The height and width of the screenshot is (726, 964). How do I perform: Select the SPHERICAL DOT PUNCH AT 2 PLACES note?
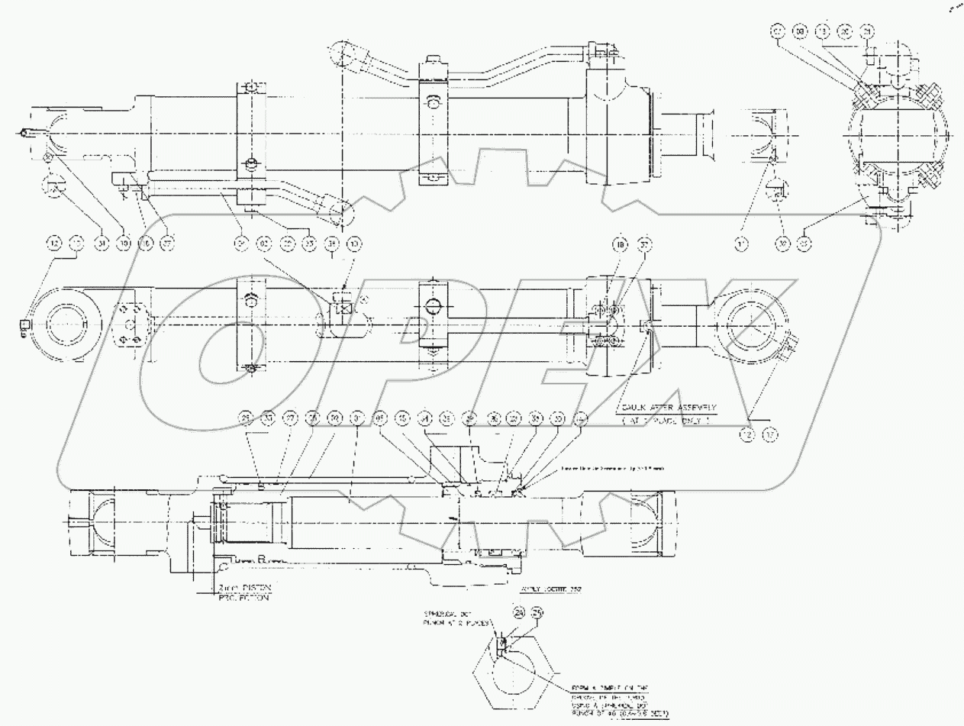pos(455,618)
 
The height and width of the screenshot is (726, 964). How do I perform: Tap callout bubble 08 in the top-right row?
pos(799,32)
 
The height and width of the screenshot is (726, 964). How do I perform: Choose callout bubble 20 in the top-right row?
pos(843,32)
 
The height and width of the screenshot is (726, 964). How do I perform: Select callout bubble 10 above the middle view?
pos(354,244)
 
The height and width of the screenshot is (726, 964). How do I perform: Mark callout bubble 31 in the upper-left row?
pos(102,244)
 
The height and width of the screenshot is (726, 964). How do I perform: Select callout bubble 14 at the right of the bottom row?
pos(581,418)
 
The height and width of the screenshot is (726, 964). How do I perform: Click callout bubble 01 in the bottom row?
pos(356,418)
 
